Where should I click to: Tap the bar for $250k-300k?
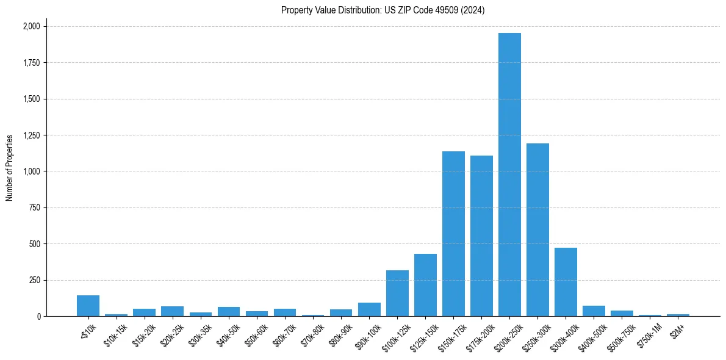tap(537, 229)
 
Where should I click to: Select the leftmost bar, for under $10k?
tap(88, 306)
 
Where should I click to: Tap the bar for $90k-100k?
tap(369, 309)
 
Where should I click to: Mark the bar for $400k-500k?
tap(594, 311)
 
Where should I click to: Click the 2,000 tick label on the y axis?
tap(32, 27)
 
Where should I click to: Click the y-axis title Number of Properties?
tap(10, 168)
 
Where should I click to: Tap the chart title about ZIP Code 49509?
tap(383, 10)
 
